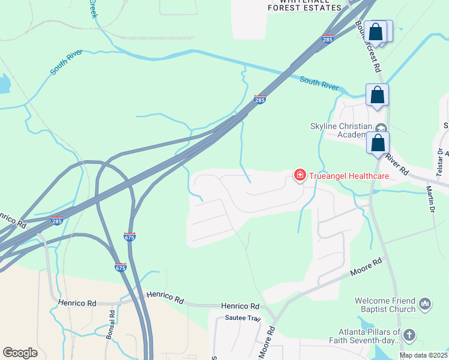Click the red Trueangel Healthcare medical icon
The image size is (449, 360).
pyautogui.click(x=299, y=175)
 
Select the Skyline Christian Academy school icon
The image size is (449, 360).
pyautogui.click(x=381, y=128)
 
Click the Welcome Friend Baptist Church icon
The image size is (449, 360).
pyautogui.click(x=426, y=304)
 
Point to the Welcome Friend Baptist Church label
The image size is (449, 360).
pyautogui.click(x=385, y=305)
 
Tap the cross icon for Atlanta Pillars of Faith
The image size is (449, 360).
pyautogui.click(x=409, y=335)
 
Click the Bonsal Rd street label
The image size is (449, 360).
pyautogui.click(x=110, y=326)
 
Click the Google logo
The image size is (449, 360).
pyautogui.click(x=20, y=352)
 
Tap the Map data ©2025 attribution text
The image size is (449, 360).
pyautogui.click(x=424, y=355)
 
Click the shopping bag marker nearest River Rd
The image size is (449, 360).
pyautogui.click(x=378, y=145)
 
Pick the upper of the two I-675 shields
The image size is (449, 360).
pyautogui.click(x=129, y=236)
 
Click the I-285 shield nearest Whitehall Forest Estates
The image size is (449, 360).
pyautogui.click(x=327, y=40)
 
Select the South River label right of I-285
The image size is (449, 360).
pyautogui.click(x=319, y=83)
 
